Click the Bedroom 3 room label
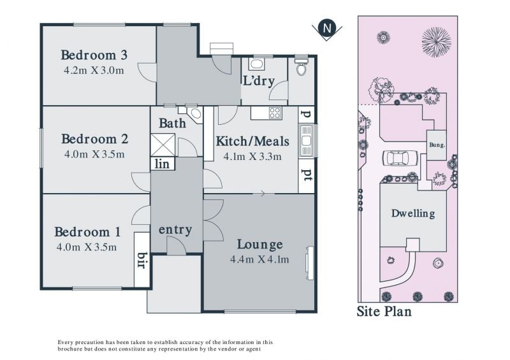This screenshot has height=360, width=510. tap(94, 55)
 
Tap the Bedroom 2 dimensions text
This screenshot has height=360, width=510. tap(94, 154)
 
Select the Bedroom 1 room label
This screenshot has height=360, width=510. tap(87, 232)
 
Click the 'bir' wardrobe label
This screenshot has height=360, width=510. tap(142, 260)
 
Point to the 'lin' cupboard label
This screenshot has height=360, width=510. tap(162, 164)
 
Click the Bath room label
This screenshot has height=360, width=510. tap(172, 123)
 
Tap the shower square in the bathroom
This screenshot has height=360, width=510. tap(163, 145)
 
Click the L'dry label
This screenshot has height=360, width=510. tap(259, 81)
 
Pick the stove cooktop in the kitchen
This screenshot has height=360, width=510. tap(275, 113)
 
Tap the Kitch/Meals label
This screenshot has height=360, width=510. tap(252, 141)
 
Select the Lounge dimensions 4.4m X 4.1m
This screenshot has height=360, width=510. tap(259, 259)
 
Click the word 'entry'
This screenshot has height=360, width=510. tap(175, 229)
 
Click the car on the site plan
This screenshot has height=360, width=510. tap(400, 159)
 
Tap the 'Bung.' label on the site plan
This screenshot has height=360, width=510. tap(437, 145)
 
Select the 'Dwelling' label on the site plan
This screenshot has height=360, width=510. tap(413, 213)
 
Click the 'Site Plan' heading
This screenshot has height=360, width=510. tap(384, 311)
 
